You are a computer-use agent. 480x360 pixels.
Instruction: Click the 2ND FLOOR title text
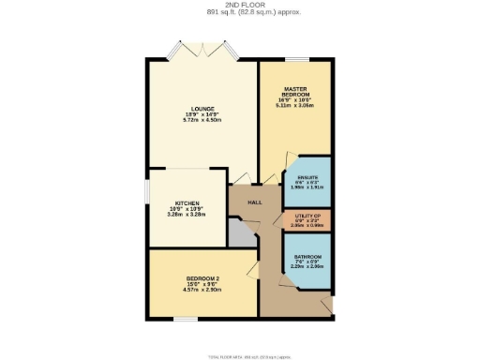[239, 6]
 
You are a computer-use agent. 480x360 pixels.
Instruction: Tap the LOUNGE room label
[202, 110]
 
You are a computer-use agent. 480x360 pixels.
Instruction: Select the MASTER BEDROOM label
[296, 93]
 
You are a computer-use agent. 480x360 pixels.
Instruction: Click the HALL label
[254, 202]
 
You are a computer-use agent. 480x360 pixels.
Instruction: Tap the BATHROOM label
[308, 257]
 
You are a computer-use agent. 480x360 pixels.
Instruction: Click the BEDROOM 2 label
[202, 279]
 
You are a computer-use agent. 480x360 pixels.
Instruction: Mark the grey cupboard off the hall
[243, 234]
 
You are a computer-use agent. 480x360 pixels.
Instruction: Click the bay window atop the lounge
[201, 50]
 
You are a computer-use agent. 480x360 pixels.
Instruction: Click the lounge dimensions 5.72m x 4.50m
[202, 121]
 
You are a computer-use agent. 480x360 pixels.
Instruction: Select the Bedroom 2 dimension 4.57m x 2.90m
[202, 290]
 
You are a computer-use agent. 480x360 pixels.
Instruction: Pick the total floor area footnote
[239, 353]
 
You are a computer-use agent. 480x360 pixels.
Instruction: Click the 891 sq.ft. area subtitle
[239, 13]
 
